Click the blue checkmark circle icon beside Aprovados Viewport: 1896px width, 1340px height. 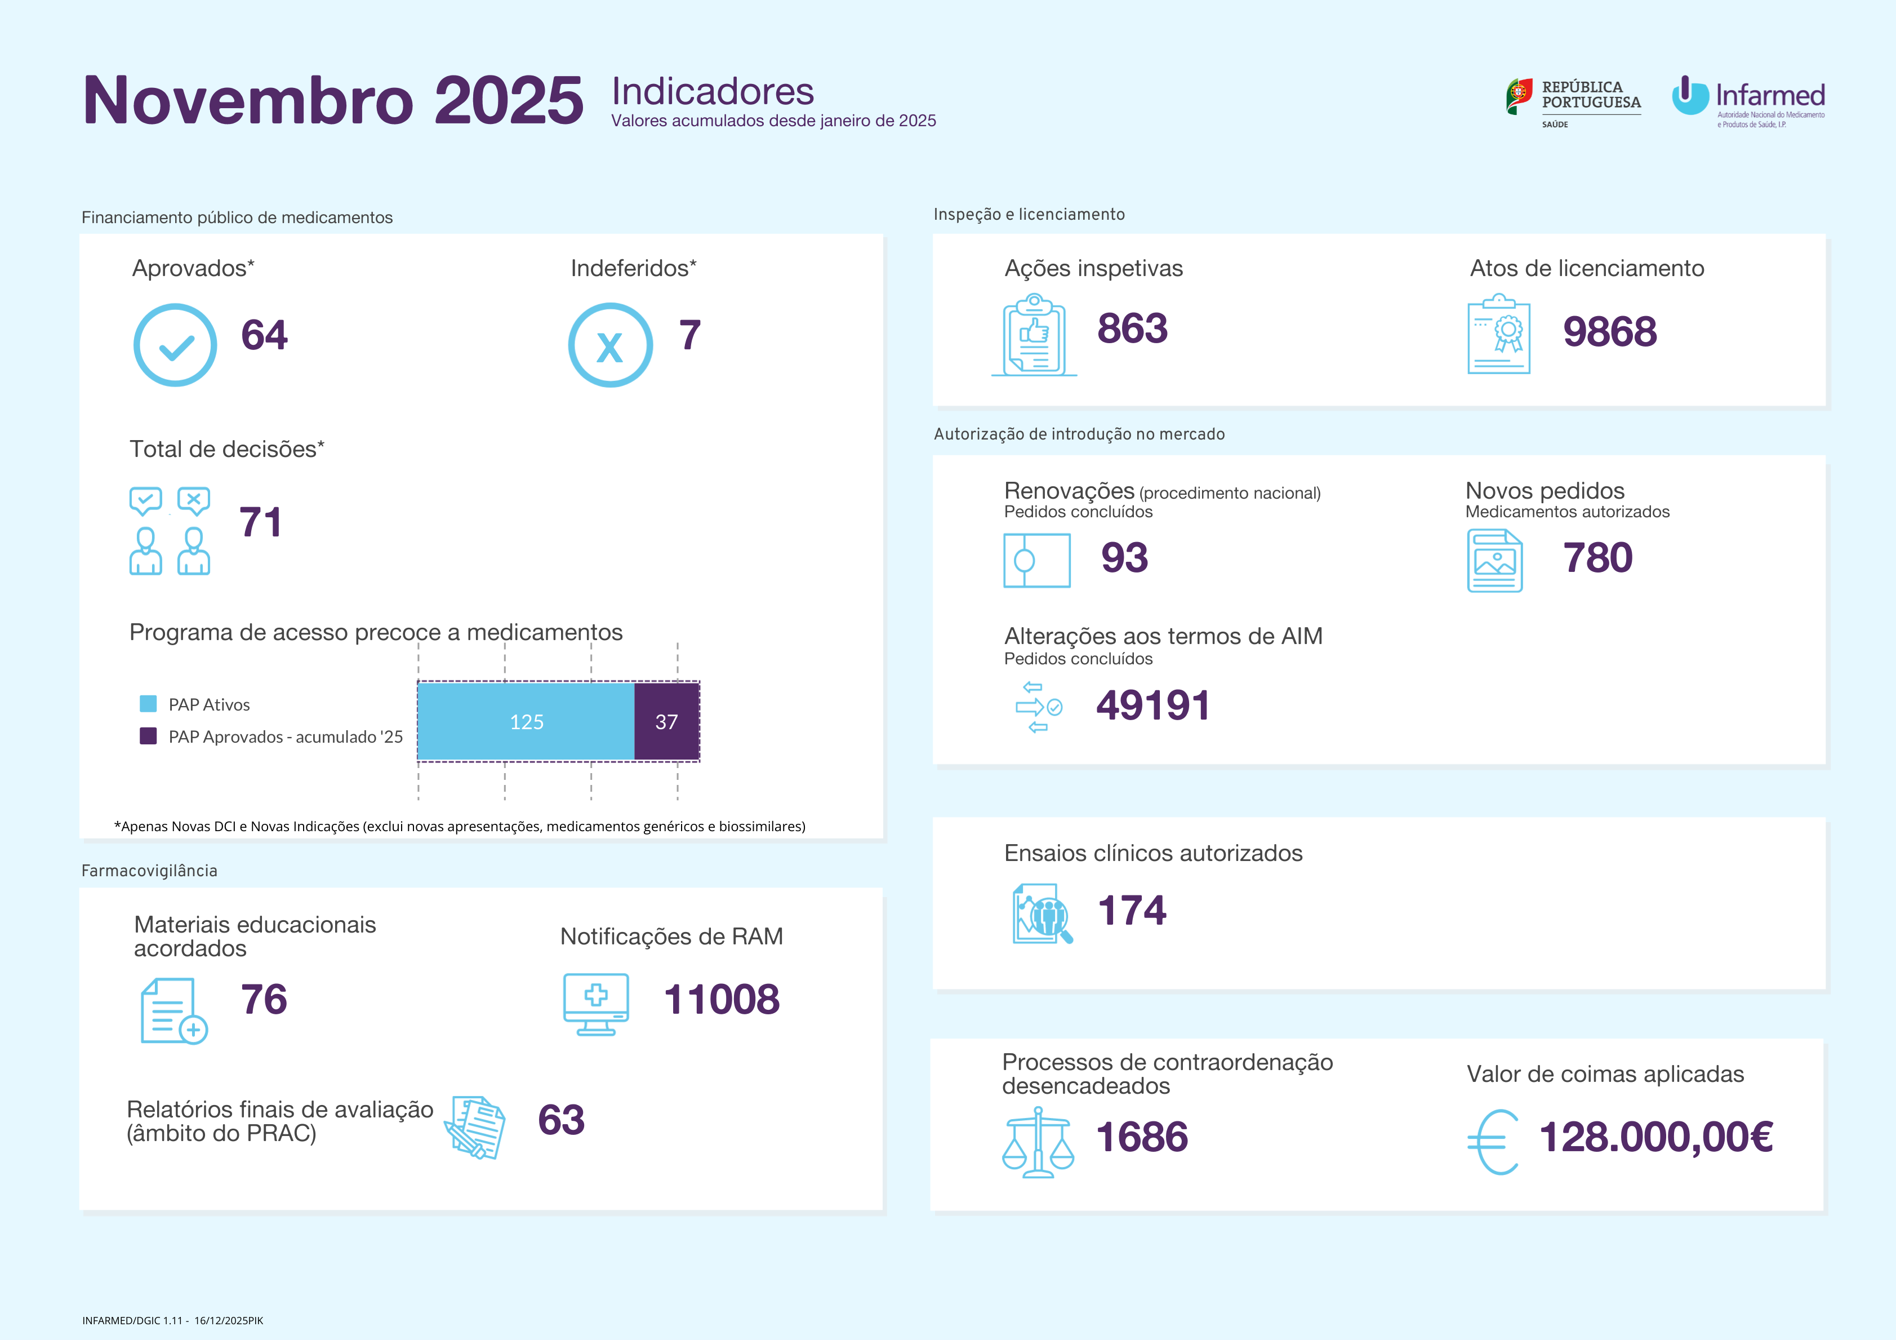pos(175,345)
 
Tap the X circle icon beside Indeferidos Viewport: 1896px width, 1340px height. pos(610,345)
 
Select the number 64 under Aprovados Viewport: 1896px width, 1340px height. pos(264,335)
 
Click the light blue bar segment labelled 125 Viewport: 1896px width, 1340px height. pos(526,721)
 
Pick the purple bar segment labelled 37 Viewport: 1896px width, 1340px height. pos(666,721)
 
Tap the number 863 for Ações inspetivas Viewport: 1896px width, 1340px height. pos(1132,329)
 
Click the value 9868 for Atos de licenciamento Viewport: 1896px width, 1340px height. pos(1609,332)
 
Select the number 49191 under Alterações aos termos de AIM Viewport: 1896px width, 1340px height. pos(1153,706)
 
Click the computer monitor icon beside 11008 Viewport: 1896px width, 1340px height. pos(595,1004)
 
